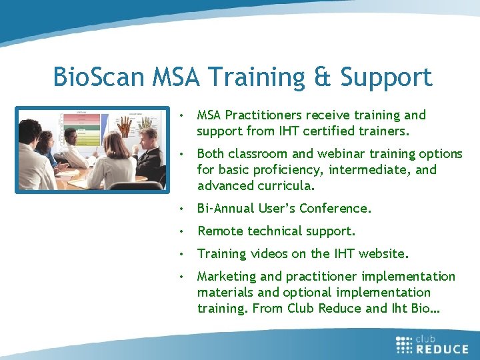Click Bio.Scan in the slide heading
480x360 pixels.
[x=99, y=78]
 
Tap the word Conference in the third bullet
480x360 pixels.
[x=335, y=208]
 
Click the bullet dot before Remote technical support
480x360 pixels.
[x=181, y=231]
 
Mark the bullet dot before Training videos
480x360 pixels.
[x=181, y=254]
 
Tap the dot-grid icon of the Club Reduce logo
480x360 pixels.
[x=405, y=343]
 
